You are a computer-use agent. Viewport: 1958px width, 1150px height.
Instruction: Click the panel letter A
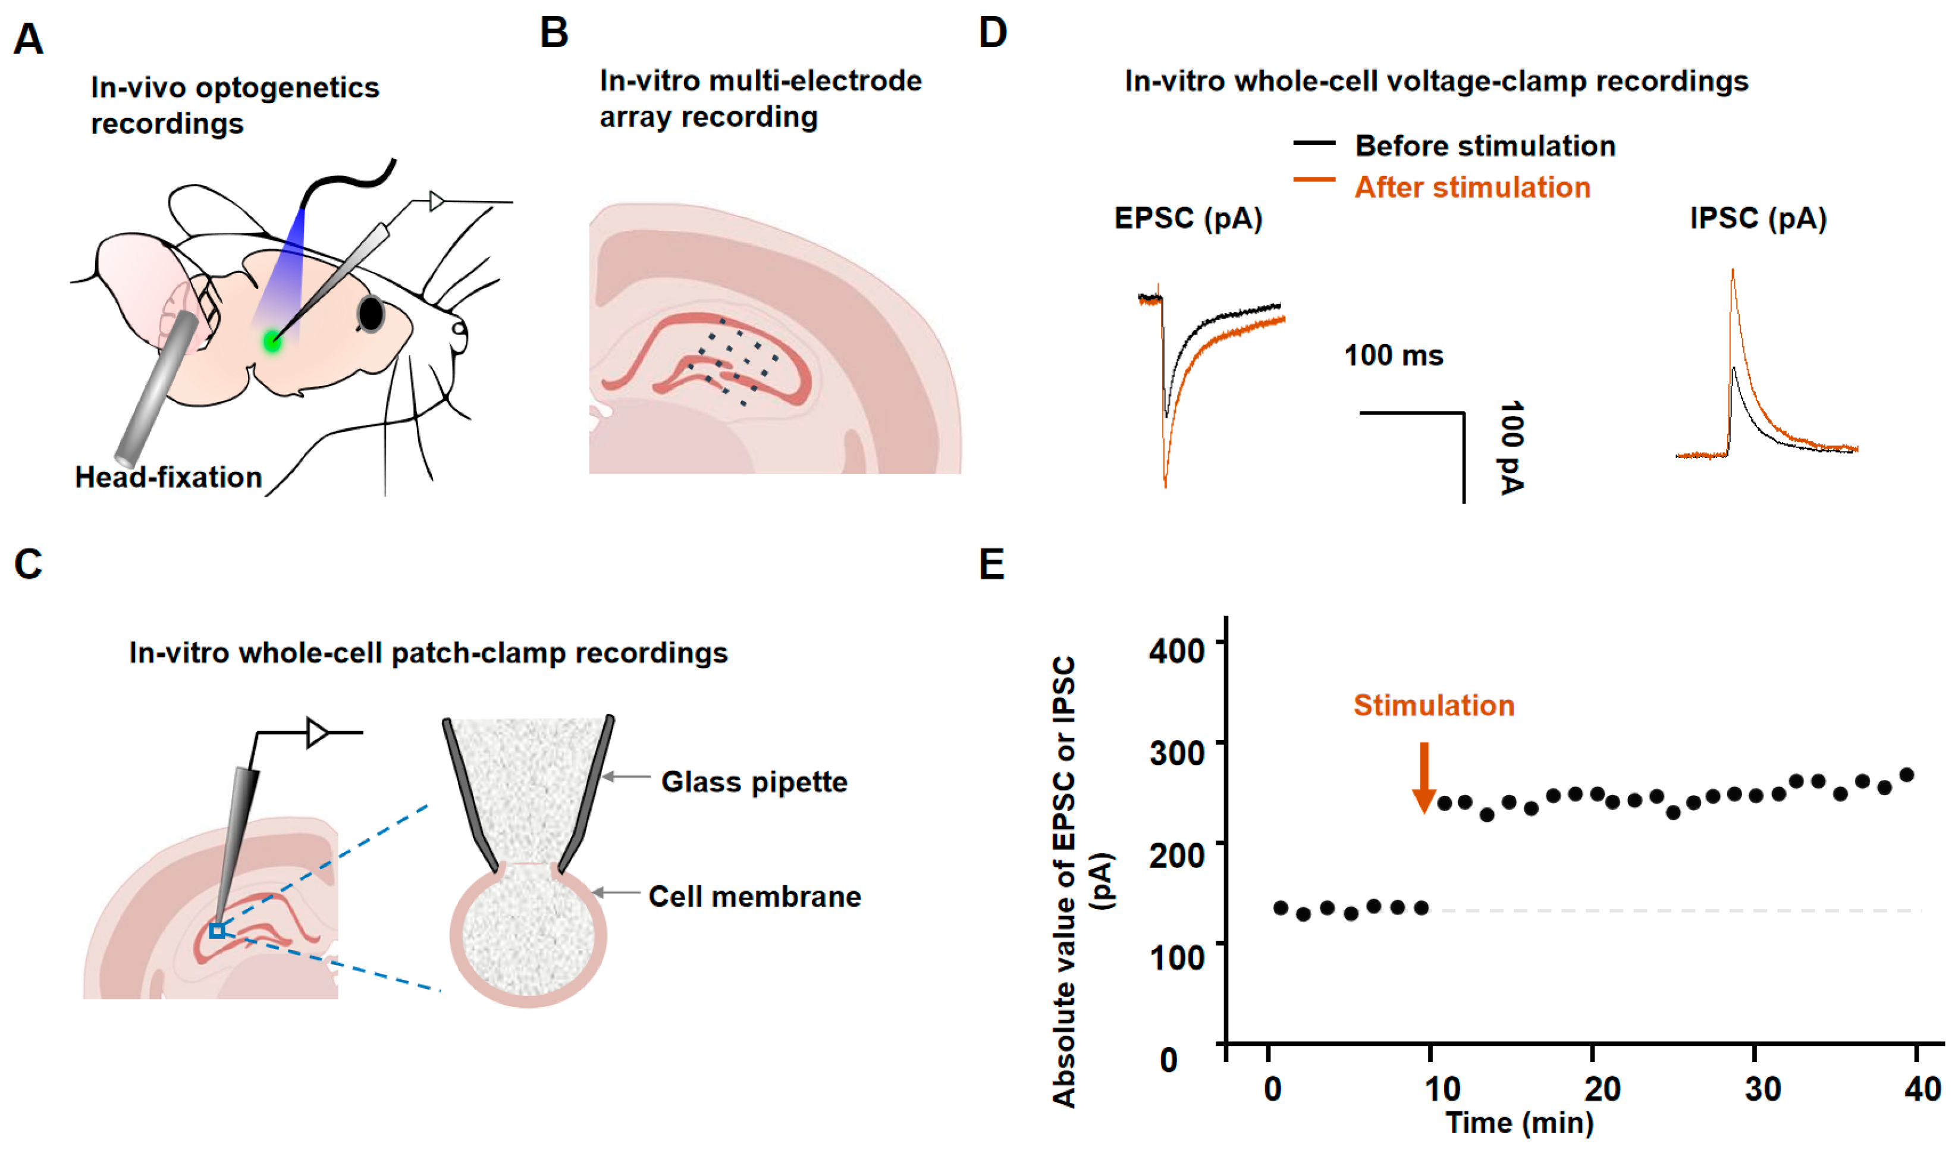click(29, 39)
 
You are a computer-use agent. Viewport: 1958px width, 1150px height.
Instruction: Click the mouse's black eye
click(371, 313)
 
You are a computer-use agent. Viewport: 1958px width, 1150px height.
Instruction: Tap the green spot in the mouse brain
click(272, 340)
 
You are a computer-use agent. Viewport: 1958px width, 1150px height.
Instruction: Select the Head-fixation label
click(168, 477)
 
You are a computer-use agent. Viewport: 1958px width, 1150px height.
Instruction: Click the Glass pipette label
click(754, 782)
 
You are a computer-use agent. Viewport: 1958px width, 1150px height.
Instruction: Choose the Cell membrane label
click(754, 897)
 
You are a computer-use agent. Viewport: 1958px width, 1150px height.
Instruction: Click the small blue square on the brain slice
click(218, 930)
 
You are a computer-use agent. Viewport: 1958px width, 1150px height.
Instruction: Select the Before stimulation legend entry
click(1484, 146)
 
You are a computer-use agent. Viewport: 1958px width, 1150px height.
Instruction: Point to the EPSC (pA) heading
click(1188, 218)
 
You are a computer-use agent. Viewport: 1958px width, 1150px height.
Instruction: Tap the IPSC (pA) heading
click(1758, 218)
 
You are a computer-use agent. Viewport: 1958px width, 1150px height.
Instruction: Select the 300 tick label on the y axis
click(1176, 752)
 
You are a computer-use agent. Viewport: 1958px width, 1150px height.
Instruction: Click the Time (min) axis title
click(1519, 1123)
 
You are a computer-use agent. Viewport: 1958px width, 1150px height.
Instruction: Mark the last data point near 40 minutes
click(1906, 775)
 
